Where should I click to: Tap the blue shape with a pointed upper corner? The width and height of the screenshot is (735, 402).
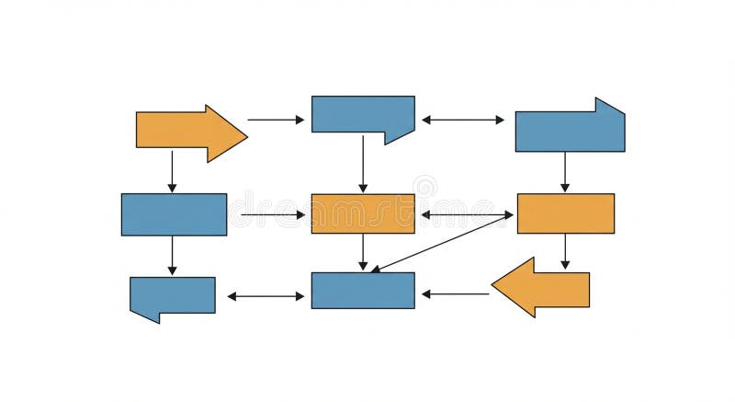(570, 130)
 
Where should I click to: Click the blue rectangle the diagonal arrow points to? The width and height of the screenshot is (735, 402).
(362, 290)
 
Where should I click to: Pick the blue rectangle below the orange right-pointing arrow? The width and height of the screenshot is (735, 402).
(174, 214)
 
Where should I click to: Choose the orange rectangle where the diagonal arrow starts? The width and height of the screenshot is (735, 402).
(565, 213)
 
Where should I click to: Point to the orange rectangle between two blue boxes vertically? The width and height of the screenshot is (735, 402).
(362, 213)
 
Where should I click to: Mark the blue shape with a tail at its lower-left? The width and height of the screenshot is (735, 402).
(173, 295)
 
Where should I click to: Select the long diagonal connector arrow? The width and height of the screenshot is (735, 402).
(442, 243)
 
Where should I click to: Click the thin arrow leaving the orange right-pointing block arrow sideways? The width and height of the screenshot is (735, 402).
(276, 120)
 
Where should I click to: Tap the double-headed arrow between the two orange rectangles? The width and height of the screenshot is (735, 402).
(467, 214)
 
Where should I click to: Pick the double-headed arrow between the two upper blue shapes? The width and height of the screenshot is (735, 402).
(463, 120)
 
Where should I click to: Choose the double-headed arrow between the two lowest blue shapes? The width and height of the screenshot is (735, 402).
(266, 296)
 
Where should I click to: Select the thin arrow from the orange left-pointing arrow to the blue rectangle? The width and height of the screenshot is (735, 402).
(455, 294)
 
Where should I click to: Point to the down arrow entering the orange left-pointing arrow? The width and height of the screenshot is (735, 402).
(565, 250)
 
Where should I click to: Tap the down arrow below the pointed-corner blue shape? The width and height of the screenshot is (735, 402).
(565, 172)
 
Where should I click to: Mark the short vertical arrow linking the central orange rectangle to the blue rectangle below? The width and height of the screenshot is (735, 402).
(363, 252)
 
